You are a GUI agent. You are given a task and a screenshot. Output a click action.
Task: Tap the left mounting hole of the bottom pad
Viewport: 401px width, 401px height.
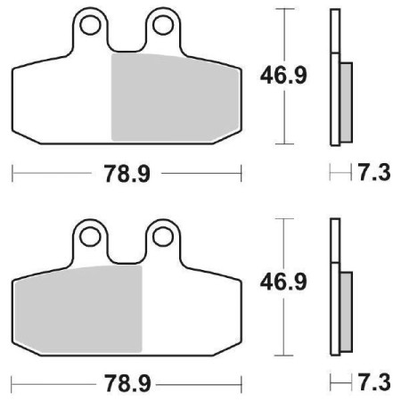[x=89, y=236]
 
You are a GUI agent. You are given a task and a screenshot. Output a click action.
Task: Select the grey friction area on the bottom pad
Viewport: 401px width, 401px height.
[x=78, y=307]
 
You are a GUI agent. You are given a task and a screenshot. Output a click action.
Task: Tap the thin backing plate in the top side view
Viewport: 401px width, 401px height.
[x=335, y=36]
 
